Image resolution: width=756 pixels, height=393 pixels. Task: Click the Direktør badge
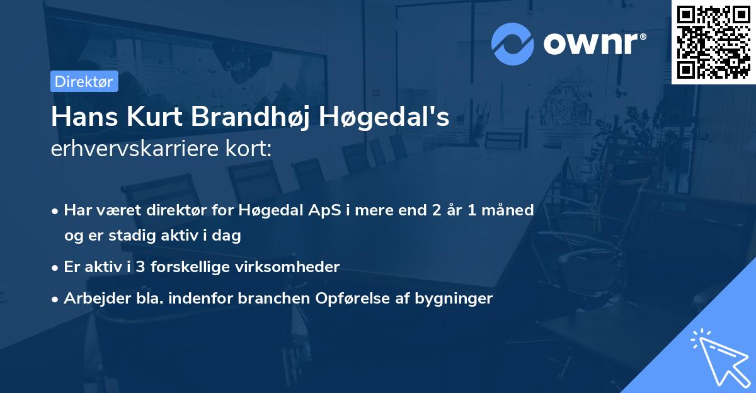tap(84, 81)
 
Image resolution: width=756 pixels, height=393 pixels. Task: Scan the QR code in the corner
tap(714, 42)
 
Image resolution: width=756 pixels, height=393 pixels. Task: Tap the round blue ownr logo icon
tap(513, 43)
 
